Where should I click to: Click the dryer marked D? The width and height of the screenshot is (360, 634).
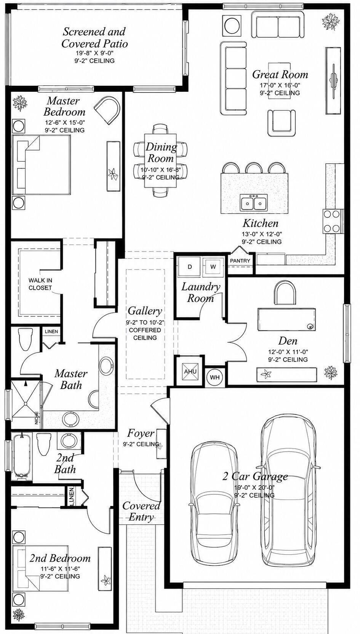point(190,266)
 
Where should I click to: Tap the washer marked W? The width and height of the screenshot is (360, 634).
point(213,266)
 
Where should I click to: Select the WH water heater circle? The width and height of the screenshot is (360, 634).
point(215,377)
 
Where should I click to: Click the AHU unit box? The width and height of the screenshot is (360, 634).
point(190,371)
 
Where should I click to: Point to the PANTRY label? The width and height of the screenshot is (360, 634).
point(240,261)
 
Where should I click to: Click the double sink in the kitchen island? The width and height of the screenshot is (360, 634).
point(253,202)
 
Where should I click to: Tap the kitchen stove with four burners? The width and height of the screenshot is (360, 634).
point(332,221)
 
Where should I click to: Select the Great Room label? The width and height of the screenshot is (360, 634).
point(280,74)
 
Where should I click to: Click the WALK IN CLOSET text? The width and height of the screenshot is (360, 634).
point(40,284)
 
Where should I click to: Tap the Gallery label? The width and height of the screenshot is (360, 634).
point(145,310)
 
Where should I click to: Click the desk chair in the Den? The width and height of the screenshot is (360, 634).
point(285,293)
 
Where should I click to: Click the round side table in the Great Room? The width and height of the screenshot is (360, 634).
point(232,25)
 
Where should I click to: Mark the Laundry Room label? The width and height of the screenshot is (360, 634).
point(200,292)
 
